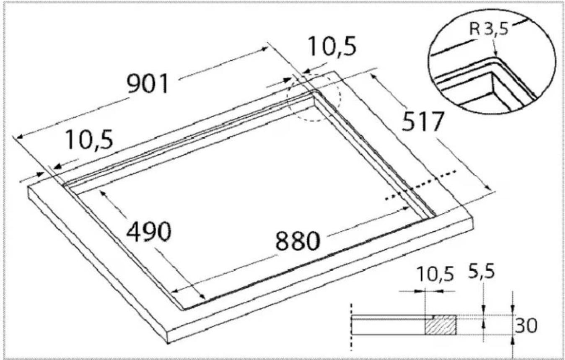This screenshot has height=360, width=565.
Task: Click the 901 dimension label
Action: coord(148,83)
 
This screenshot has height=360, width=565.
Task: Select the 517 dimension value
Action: coord(423,122)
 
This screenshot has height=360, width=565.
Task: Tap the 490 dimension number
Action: coord(149,232)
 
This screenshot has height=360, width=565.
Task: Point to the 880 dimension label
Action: coord(298,241)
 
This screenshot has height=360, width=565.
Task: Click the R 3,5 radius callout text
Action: coord(489,29)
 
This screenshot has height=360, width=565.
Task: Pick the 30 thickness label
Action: coord(526,326)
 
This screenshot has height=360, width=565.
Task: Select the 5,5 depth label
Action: coord(481,272)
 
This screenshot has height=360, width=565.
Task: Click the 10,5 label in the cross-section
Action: coord(435,274)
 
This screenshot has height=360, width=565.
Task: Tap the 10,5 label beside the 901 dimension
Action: coord(89,140)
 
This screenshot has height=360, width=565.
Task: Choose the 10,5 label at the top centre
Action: coord(332,46)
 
